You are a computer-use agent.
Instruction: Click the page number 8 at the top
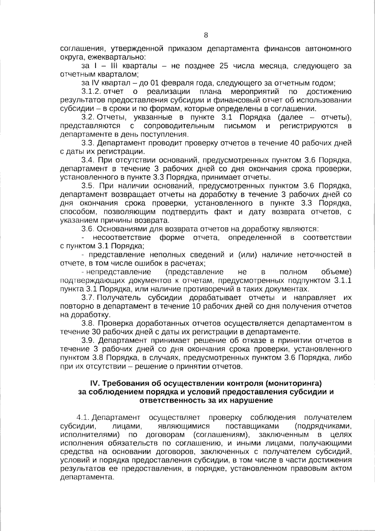[x=206, y=35]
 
